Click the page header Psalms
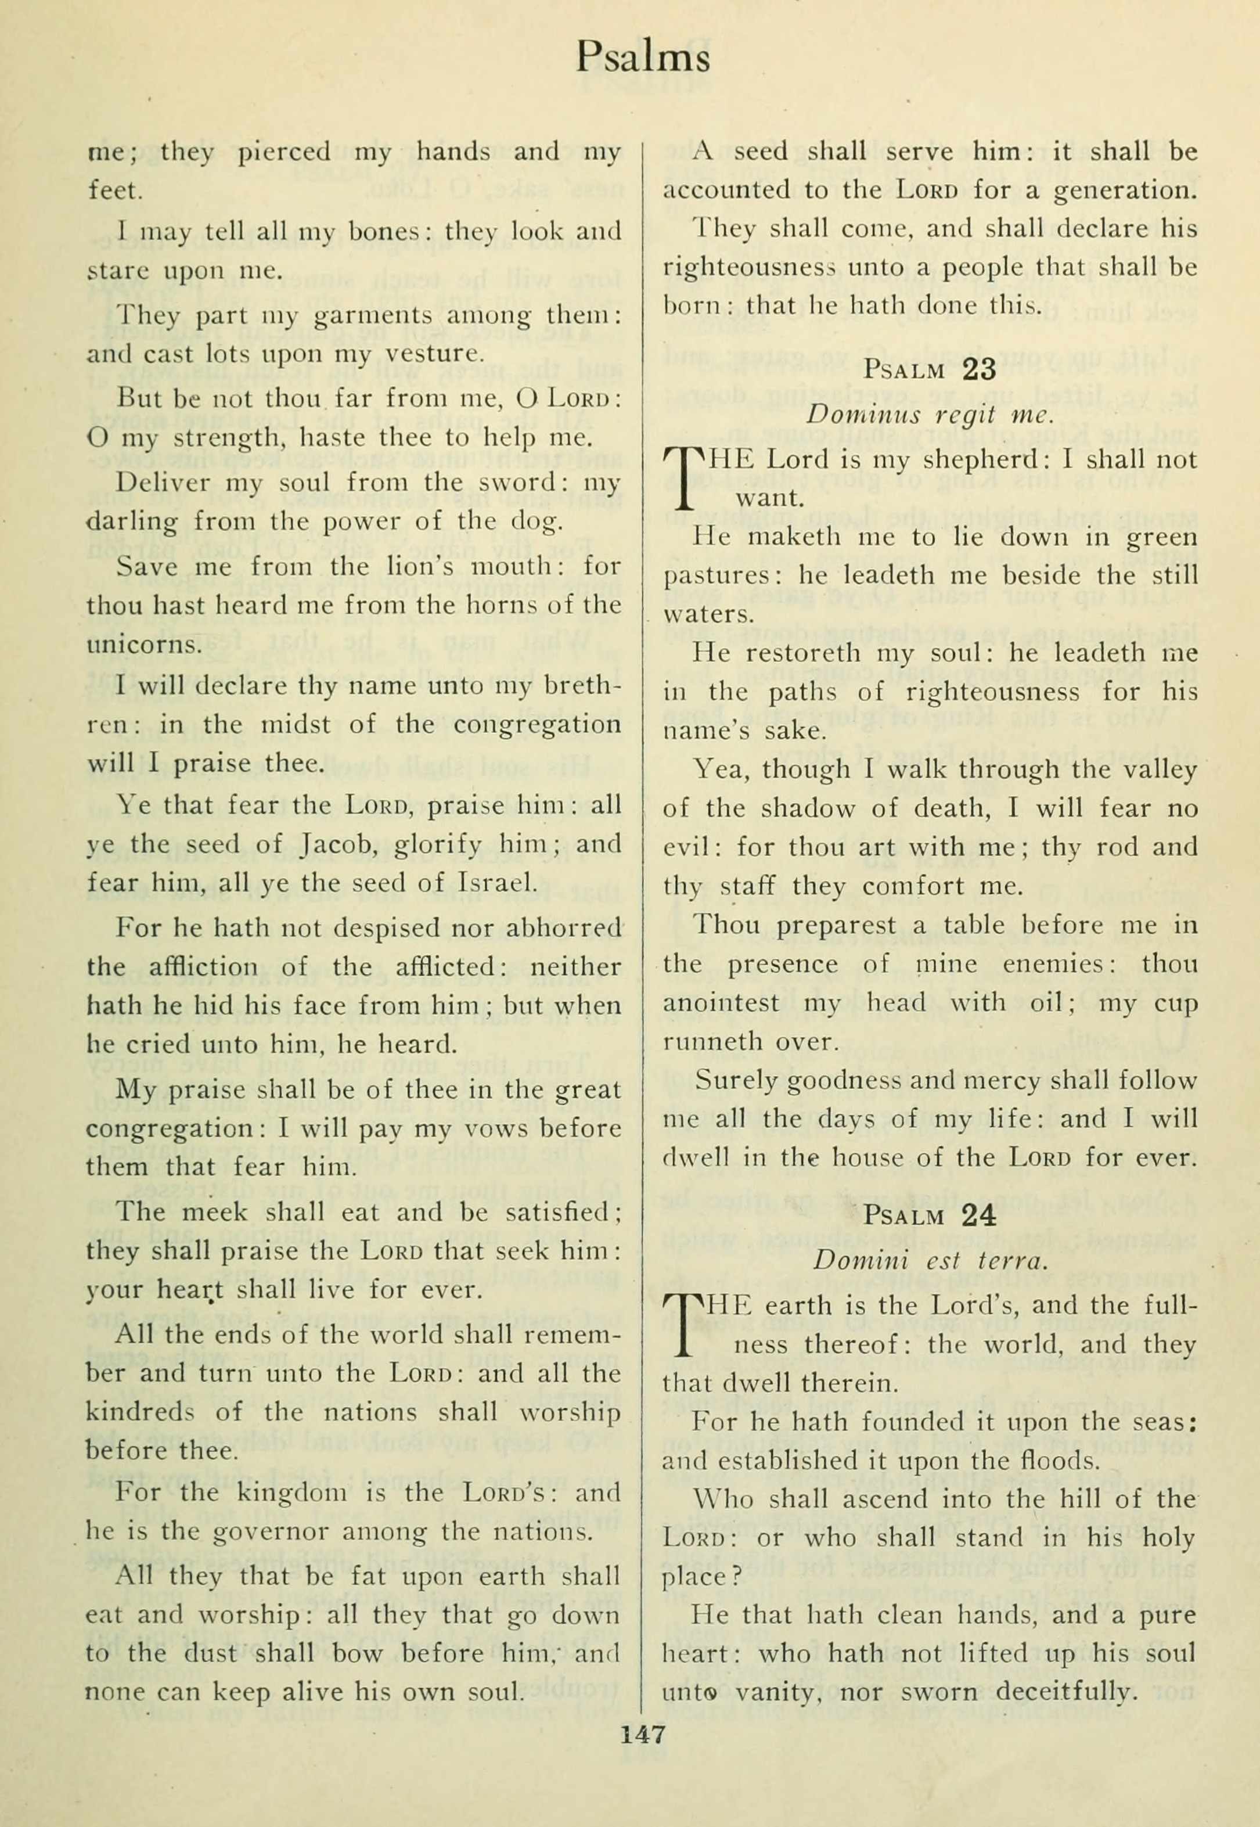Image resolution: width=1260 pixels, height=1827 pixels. pos(643,57)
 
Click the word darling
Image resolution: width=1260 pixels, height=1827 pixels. pos(131,522)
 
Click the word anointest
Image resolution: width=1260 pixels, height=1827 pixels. pos(721,1003)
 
